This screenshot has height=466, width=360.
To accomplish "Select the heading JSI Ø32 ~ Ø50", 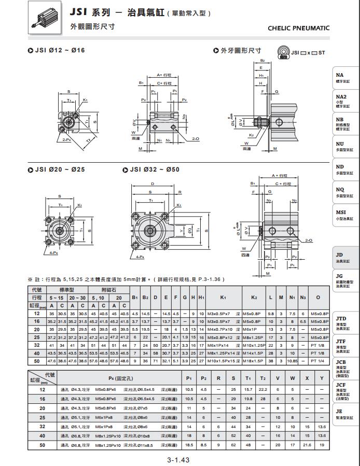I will (x=154, y=170).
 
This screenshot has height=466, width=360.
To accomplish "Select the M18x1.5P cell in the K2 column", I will (x=254, y=360).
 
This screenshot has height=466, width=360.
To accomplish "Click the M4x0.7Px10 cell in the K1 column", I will (x=220, y=329).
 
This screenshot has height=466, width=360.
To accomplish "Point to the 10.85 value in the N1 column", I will (x=293, y=360).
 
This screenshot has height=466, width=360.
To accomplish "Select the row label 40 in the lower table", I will (x=43, y=435).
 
